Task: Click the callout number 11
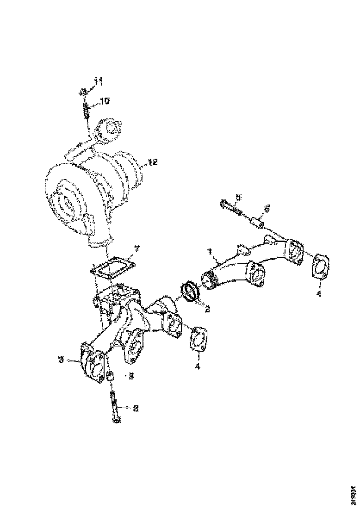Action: (98, 82)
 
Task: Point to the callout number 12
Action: (153, 162)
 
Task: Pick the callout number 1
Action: (209, 252)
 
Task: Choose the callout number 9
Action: (131, 376)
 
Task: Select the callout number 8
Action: (136, 408)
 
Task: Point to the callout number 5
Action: (238, 198)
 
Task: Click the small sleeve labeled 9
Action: (111, 377)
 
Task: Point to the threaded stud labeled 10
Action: (87, 111)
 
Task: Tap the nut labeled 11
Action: (84, 92)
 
